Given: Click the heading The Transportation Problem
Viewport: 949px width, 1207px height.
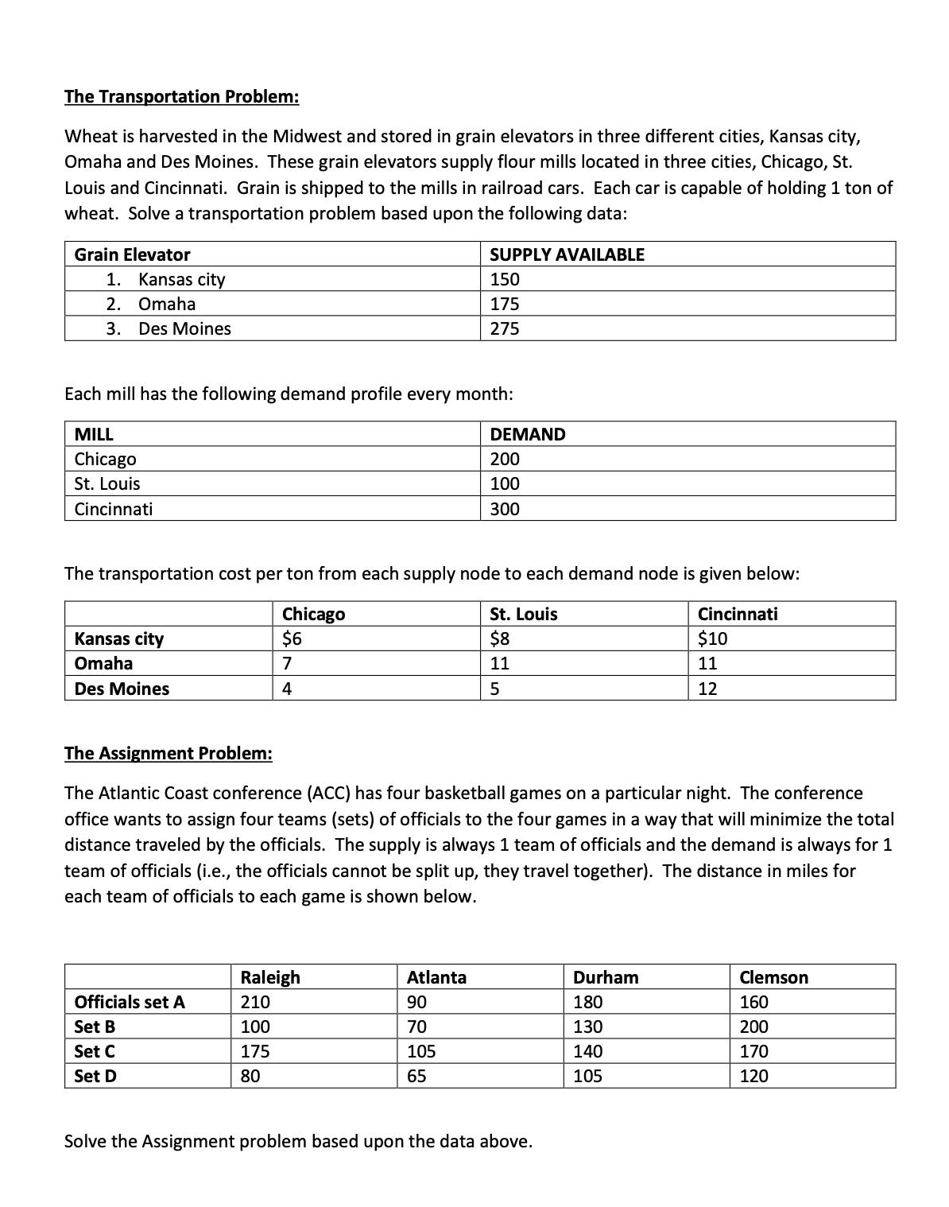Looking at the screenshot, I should [x=181, y=96].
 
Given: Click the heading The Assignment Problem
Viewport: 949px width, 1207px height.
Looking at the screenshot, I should [x=168, y=753].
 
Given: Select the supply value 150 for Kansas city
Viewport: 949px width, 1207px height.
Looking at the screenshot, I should [x=505, y=279].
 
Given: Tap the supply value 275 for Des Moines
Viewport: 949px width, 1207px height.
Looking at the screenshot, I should [x=505, y=328].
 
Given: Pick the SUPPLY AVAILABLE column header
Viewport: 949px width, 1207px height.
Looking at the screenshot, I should [x=567, y=254].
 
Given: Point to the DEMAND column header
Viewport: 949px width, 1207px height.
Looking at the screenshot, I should [x=528, y=434].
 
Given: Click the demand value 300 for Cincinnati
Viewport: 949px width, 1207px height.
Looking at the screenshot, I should [x=505, y=509].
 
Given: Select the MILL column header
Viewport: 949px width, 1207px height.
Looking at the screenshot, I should [x=94, y=434].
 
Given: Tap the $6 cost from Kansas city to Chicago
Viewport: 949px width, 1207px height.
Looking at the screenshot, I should [x=292, y=638].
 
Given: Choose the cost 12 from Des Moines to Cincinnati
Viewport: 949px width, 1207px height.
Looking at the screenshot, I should [x=707, y=689].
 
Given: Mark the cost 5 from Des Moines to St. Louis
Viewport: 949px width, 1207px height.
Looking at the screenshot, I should [x=495, y=689].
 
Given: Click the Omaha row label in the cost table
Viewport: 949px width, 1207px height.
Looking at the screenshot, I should [x=103, y=663].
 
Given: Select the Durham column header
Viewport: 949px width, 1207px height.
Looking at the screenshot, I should [x=606, y=977].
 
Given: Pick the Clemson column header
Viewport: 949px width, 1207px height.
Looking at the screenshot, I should [x=773, y=977].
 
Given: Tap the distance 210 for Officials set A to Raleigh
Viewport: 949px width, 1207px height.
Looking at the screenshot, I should [x=255, y=1002].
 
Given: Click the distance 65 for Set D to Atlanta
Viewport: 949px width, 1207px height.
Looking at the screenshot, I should [x=416, y=1076].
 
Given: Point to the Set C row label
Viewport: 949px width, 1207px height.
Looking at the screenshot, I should [x=95, y=1051].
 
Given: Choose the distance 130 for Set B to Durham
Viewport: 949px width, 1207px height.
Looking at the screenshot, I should [x=588, y=1027].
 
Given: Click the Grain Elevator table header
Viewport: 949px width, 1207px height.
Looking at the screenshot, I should [x=132, y=254].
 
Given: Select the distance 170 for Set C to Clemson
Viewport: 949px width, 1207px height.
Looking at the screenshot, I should [x=754, y=1051].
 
